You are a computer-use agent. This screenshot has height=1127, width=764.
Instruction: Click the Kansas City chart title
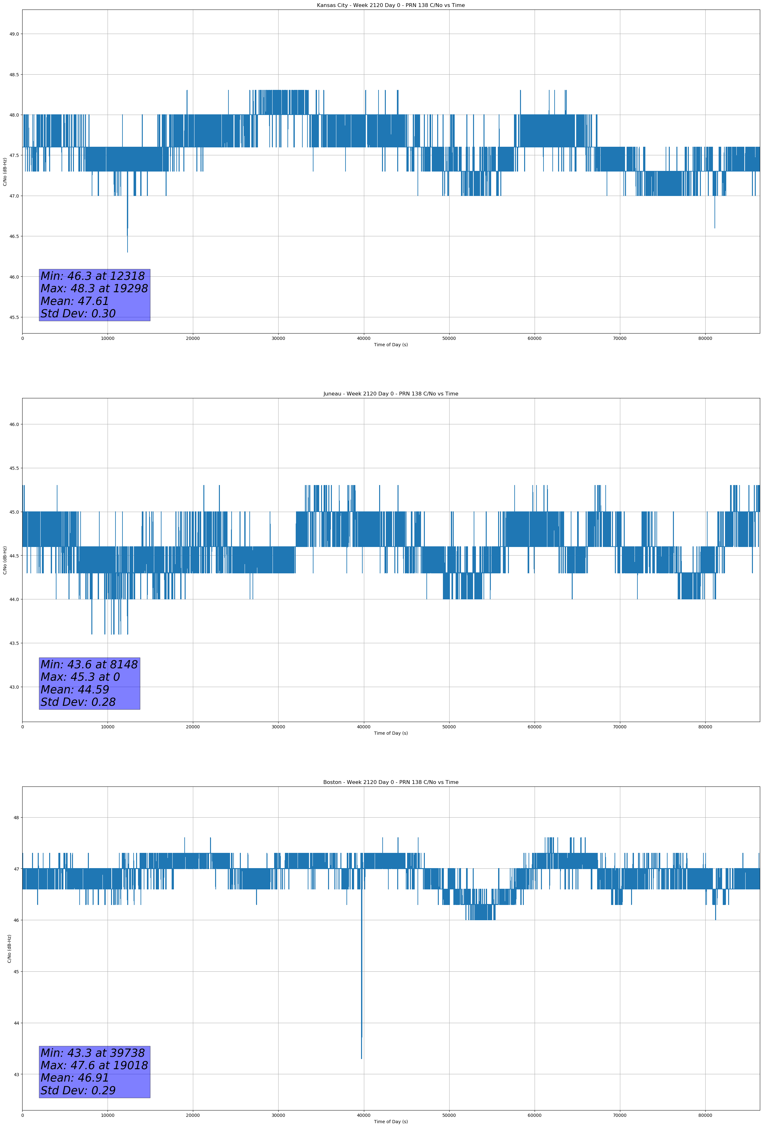coord(391,5)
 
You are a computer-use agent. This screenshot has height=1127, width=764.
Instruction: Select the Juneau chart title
coord(391,394)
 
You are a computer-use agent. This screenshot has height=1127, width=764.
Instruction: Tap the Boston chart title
coord(391,782)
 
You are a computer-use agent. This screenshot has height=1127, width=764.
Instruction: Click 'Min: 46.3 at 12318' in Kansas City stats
coord(93,276)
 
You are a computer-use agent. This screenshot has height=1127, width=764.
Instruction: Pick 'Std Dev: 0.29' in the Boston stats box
coord(78,1090)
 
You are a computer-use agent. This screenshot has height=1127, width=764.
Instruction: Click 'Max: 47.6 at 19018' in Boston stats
coord(94,1065)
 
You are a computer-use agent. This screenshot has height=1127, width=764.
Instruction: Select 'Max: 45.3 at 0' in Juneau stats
coord(80,677)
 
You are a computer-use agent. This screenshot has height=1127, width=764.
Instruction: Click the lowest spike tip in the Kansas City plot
coord(128,252)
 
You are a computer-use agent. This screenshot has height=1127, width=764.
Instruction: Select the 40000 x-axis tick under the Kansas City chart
coord(363,339)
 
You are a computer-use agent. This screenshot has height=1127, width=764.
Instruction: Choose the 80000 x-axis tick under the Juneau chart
coord(705,727)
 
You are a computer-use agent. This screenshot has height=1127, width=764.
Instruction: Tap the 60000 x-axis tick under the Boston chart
coord(534,1115)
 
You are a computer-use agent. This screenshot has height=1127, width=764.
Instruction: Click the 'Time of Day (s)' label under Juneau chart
coord(391,733)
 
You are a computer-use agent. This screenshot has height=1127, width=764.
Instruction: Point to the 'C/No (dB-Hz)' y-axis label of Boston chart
coord(9,948)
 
